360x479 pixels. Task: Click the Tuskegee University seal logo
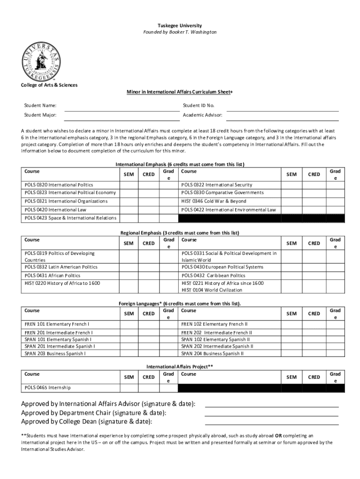click(x=41, y=59)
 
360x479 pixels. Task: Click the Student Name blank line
click(x=122, y=110)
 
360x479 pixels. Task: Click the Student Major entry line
click(x=122, y=119)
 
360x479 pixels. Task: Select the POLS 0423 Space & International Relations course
click(x=71, y=218)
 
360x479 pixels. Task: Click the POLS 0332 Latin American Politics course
click(x=61, y=267)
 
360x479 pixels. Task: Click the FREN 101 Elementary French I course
click(x=58, y=324)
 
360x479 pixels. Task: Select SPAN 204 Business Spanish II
click(x=212, y=354)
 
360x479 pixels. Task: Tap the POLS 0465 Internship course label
click(x=48, y=387)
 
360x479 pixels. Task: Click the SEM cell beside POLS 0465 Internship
click(x=128, y=387)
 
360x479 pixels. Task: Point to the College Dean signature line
click(x=272, y=424)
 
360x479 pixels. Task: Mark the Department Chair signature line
click(x=272, y=415)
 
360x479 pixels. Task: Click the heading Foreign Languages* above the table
click(x=180, y=304)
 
